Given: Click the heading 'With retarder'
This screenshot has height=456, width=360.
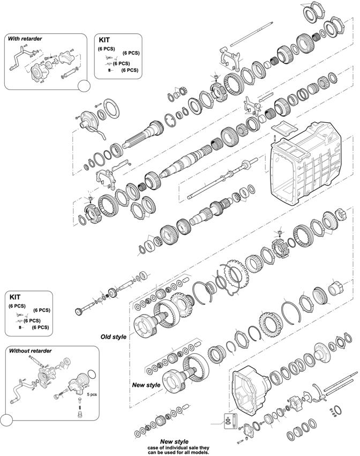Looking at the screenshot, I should coord(25,39).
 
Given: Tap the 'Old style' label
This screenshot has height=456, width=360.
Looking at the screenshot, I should coord(114,337).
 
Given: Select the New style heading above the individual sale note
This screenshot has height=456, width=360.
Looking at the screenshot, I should coord(174,442).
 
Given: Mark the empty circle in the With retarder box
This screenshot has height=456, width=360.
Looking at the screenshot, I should coord(84,86).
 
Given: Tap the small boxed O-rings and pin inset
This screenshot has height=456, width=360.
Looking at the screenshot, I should coord(229,421).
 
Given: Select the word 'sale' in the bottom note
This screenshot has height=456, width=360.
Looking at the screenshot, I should coord(185,447).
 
